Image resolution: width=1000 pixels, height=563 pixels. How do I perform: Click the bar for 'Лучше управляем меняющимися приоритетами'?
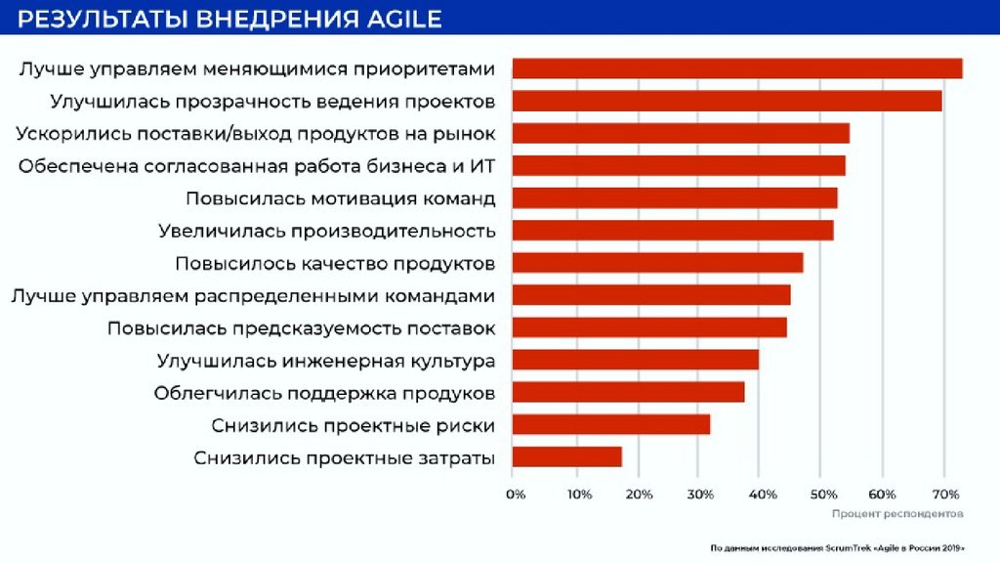pos(736,68)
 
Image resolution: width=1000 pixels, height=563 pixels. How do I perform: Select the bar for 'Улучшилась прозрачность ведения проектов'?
pos(727,101)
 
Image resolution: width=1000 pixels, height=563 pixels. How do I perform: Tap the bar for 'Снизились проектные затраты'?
pos(566,456)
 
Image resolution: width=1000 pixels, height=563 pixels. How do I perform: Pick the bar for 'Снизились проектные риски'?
pos(610,424)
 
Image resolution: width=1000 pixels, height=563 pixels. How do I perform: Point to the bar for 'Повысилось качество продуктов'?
pos(657,263)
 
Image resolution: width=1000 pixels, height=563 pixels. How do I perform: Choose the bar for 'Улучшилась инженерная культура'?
pos(635,360)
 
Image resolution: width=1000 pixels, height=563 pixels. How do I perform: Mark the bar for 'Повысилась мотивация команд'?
pos(674,197)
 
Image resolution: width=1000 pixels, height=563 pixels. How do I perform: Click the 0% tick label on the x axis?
pos(516,495)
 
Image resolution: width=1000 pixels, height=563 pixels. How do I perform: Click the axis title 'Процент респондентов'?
pos(898,513)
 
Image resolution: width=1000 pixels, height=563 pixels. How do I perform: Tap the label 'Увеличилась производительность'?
pos(327,231)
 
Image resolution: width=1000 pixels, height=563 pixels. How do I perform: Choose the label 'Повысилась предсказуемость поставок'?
pos(301,327)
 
